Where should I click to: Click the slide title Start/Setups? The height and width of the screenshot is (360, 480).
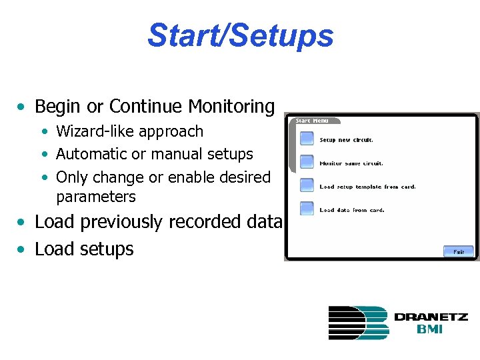tap(240, 35)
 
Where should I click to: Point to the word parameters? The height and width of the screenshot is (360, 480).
tap(95, 197)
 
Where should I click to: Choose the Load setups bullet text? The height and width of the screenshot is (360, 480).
tap(84, 249)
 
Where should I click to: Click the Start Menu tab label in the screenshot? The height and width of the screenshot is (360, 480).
tap(312, 121)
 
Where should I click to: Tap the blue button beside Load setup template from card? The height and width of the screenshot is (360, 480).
tap(306, 185)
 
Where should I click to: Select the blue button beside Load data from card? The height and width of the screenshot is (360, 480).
tap(306, 208)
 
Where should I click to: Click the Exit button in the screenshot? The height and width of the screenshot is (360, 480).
tap(459, 251)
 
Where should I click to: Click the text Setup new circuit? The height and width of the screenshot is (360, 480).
tap(347, 140)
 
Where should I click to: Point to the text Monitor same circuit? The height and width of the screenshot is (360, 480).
tap(351, 163)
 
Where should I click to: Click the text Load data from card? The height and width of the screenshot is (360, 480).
tap(351, 210)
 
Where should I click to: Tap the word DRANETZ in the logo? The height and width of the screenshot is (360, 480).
tap(431, 317)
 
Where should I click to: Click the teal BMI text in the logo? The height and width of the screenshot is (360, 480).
tap(431, 329)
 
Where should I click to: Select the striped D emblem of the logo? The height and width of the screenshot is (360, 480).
tap(357, 323)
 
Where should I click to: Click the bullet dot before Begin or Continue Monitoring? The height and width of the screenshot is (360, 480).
tap(23, 107)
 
